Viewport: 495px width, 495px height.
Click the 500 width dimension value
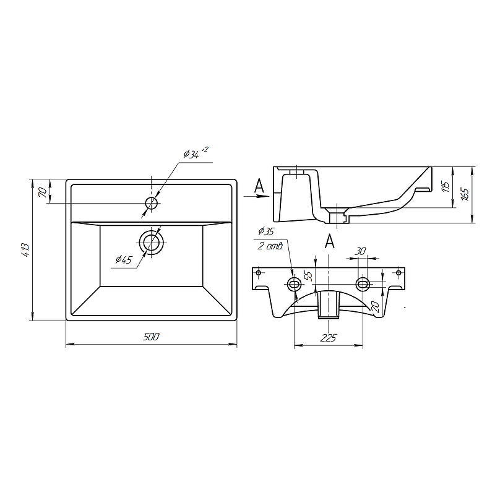click(x=151, y=337)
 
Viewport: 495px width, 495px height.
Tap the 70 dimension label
click(x=43, y=192)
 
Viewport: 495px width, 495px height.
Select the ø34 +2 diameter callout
click(x=196, y=153)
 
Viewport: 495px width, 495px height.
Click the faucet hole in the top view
click(x=152, y=203)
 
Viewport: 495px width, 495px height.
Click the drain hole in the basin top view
click(x=152, y=243)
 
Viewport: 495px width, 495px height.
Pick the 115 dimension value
click(x=445, y=187)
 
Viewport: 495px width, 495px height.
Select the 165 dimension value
click(x=465, y=194)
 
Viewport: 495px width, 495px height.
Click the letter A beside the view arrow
click(x=259, y=186)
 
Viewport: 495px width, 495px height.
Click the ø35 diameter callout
click(x=266, y=231)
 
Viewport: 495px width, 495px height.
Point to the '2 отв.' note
click(x=270, y=246)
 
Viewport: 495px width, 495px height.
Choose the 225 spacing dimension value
click(x=329, y=338)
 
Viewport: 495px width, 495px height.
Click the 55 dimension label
click(x=309, y=276)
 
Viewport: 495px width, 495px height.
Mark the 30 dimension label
click(x=360, y=251)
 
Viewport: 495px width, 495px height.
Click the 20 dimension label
click(x=375, y=306)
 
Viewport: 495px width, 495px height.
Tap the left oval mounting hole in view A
click(x=295, y=285)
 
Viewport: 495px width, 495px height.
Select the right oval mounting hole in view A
click(x=363, y=285)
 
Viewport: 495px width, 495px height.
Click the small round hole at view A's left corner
click(x=259, y=272)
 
